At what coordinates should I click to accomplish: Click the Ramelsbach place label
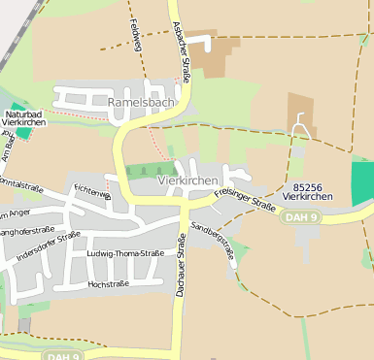tap(141, 101)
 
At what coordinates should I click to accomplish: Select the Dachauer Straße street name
tap(180, 265)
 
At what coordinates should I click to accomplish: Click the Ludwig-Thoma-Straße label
tap(125, 253)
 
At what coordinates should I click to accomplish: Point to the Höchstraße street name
tap(109, 285)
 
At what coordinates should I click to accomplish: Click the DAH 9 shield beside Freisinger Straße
tap(300, 217)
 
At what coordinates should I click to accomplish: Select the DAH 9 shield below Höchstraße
tap(62, 356)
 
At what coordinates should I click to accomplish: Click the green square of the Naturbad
tap(21, 134)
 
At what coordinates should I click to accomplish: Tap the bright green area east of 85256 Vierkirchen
tap(361, 182)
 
